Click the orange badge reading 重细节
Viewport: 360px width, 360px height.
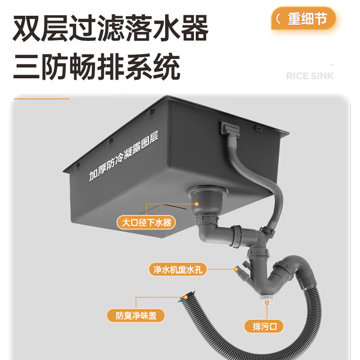coord(304,19)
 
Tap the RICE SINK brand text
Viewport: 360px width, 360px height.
coord(310,76)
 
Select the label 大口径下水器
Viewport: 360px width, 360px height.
coord(146,222)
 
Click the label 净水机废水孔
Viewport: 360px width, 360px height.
coord(178,270)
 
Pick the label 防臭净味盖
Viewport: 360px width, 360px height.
coord(135,315)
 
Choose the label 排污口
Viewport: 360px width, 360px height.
coord(264,326)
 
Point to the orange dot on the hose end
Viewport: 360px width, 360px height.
coord(184,297)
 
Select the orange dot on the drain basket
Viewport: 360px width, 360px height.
coord(197,203)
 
